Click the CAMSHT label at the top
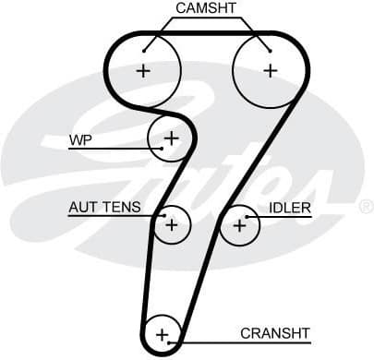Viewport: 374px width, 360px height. click(x=206, y=8)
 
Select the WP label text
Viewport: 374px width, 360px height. click(x=80, y=140)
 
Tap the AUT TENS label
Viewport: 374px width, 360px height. click(x=104, y=207)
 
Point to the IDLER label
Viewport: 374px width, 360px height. click(x=289, y=207)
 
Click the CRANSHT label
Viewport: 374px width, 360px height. click(x=274, y=332)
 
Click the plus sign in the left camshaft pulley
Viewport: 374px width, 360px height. click(x=143, y=70)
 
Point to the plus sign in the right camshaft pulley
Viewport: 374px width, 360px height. click(x=270, y=70)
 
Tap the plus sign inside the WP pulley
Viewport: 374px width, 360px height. click(x=171, y=138)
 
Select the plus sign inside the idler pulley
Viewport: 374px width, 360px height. click(x=240, y=223)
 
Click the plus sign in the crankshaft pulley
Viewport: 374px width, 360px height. click(x=163, y=334)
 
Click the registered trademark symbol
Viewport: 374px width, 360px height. click(x=365, y=206)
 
